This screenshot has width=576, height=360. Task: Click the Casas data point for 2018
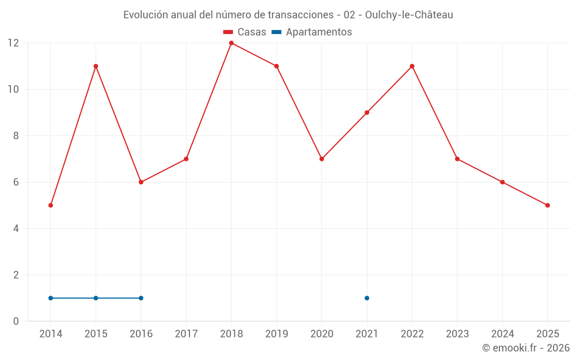[231, 43]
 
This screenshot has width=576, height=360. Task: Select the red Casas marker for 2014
[51, 205]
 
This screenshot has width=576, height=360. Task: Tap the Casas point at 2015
[96, 66]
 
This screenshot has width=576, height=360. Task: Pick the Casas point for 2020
[321, 159]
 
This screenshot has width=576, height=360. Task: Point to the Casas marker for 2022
[412, 66]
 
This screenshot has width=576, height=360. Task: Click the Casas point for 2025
[547, 205]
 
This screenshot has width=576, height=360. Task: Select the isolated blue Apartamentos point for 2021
[367, 298]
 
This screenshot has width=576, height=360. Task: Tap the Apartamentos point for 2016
[141, 298]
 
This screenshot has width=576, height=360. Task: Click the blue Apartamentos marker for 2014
[51, 298]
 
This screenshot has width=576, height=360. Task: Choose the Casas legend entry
[245, 32]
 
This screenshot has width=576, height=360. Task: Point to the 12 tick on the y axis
[13, 43]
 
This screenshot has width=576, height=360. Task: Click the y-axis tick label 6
[16, 182]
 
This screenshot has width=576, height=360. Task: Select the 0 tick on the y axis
[16, 321]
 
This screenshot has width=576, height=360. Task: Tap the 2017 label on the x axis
[186, 334]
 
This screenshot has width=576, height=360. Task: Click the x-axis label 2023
[457, 334]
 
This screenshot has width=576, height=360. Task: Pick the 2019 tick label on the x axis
[276, 334]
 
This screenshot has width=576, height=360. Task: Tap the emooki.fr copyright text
[525, 348]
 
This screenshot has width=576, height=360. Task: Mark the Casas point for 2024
[502, 182]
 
